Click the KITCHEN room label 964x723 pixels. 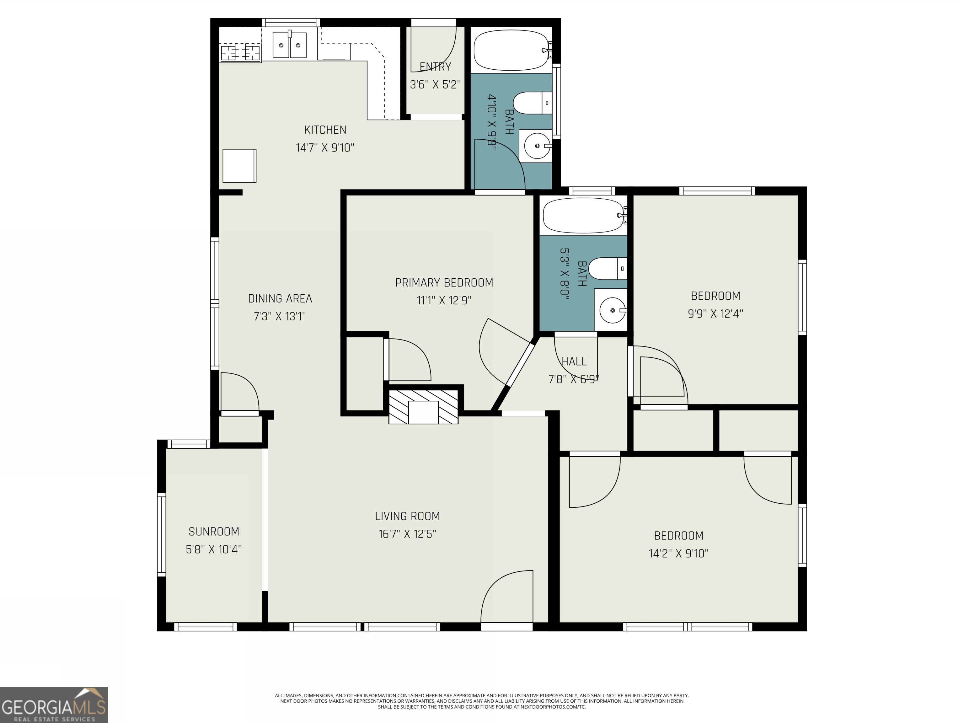tap(325, 130)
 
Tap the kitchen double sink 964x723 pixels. tap(289, 45)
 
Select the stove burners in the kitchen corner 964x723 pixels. tap(240, 53)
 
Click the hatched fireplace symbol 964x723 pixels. tap(423, 407)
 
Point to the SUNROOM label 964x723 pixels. tap(214, 532)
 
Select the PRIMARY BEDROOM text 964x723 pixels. tap(444, 283)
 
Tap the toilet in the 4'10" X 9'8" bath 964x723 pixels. tap(531, 103)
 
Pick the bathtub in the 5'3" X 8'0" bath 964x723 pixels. tap(584, 215)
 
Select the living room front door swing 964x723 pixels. tap(506, 597)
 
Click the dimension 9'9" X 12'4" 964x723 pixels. tap(715, 314)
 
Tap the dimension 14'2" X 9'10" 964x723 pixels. tap(678, 554)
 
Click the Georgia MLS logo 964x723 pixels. tap(54, 705)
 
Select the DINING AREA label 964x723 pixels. tap(280, 299)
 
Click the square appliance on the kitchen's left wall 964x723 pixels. tap(239, 166)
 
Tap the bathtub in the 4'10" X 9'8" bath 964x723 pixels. tap(512, 50)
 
